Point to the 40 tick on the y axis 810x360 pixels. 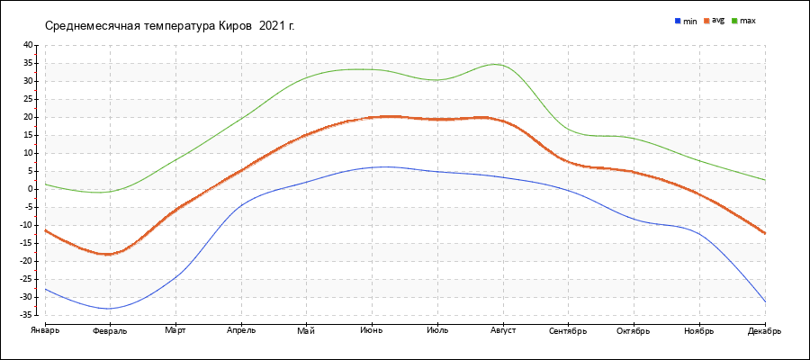(x=28, y=45)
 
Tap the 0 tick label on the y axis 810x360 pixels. (x=30, y=189)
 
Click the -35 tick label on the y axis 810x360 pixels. (x=26, y=315)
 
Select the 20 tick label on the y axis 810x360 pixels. (x=28, y=117)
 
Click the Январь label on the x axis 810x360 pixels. (x=44, y=331)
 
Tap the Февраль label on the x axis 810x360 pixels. (x=110, y=331)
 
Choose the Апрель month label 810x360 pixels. (x=241, y=331)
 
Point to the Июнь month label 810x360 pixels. (x=372, y=331)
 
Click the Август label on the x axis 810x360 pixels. (x=502, y=331)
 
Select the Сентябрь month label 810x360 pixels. (x=568, y=331)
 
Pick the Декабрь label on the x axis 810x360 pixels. (x=764, y=331)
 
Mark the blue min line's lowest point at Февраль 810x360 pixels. (x=110, y=309)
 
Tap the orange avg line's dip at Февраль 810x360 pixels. (x=109, y=254)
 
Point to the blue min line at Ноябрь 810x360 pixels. (x=699, y=234)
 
